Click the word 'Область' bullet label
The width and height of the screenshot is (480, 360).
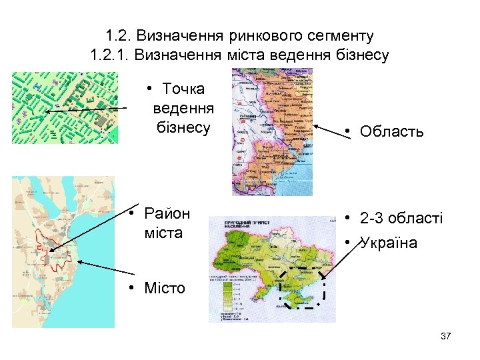click(x=391, y=131)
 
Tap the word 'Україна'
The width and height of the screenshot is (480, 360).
click(x=388, y=243)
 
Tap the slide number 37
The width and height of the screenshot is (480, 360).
click(x=446, y=336)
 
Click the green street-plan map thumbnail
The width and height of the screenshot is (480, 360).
click(x=65, y=107)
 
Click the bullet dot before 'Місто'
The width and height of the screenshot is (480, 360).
click(x=133, y=289)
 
